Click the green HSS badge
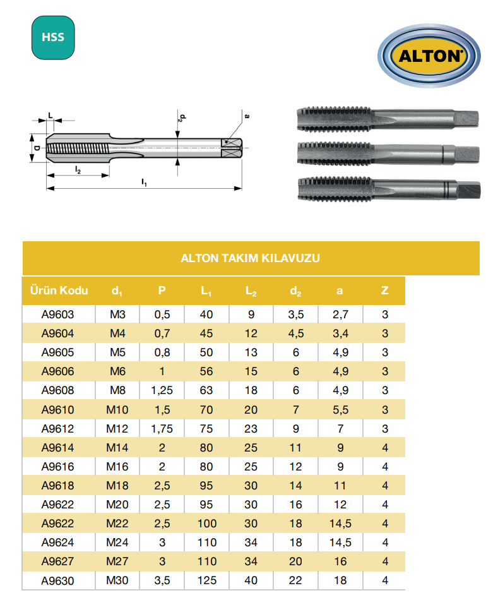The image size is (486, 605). [x=53, y=37]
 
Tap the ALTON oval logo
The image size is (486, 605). [x=429, y=56]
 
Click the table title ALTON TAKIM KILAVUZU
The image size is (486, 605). [x=251, y=258]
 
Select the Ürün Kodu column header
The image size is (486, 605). [x=59, y=290]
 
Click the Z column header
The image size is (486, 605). [x=384, y=290]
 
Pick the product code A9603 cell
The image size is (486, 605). [x=57, y=314]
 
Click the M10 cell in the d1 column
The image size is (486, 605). [x=117, y=409]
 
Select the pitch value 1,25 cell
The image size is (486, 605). [x=162, y=390]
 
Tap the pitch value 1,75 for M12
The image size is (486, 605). [x=162, y=429]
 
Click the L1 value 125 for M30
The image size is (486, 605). [x=207, y=580]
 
